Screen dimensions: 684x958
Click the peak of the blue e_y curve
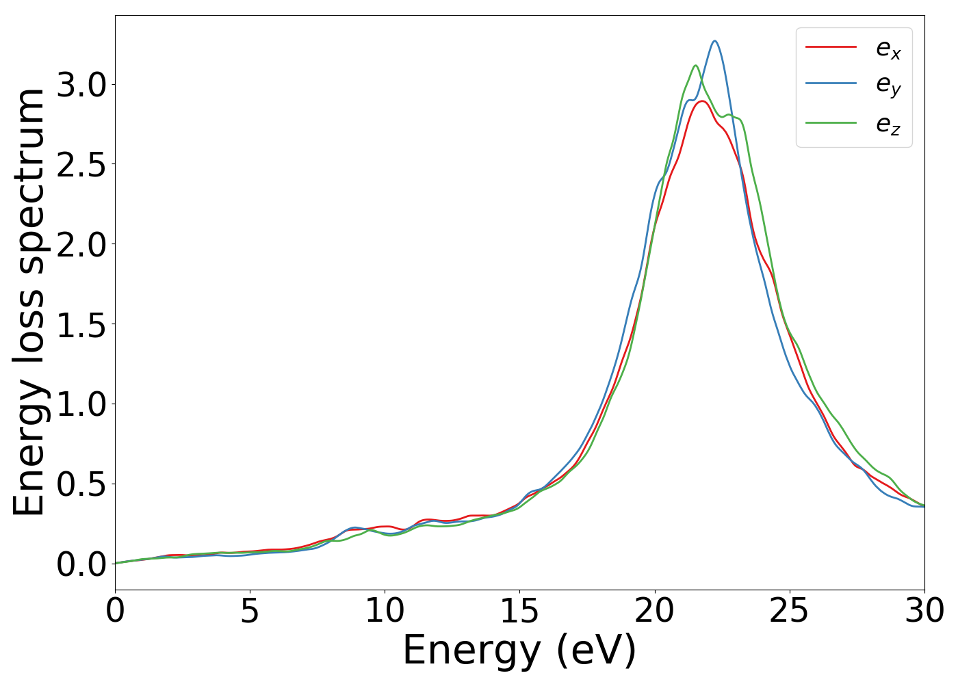[x=714, y=41]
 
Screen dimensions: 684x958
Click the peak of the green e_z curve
[x=695, y=66]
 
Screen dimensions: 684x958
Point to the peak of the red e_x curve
[x=702, y=101]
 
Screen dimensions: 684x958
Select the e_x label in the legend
[x=888, y=48]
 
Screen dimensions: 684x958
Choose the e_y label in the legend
[x=888, y=85]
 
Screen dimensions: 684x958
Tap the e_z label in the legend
[x=888, y=124]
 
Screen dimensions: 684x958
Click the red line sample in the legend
[x=831, y=47]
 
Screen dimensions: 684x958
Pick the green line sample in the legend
[x=831, y=123]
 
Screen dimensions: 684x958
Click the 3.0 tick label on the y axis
[x=81, y=85]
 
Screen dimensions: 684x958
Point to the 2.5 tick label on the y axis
[x=81, y=165]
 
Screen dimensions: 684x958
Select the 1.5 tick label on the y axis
[x=81, y=325]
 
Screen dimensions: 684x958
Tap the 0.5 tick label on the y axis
[x=81, y=484]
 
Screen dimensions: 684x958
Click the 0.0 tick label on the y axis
[x=81, y=564]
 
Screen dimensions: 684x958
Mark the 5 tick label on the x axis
[x=250, y=611]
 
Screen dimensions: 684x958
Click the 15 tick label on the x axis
[x=519, y=611]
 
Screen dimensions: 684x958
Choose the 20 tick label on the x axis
[x=655, y=611]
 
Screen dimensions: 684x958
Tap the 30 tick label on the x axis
[x=924, y=611]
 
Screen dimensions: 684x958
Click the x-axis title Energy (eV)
[x=519, y=650]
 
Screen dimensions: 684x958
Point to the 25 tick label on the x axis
[x=790, y=611]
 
